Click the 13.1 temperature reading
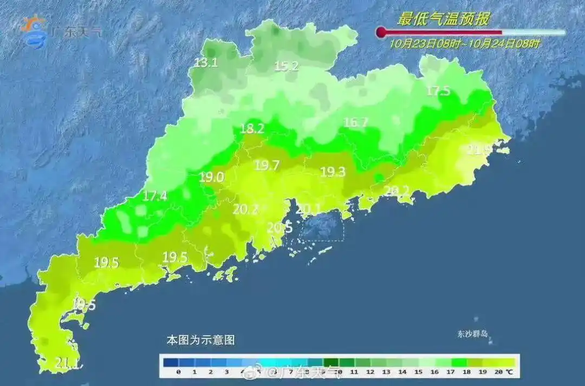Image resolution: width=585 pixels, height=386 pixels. [x=206, y=63]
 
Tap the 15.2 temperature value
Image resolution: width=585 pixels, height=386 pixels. [x=287, y=66]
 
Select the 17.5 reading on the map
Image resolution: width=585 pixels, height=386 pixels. [x=438, y=91]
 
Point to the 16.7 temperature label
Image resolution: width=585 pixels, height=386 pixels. [x=356, y=123]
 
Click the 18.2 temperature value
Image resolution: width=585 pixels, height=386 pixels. [x=252, y=129]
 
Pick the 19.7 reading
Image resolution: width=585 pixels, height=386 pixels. [x=266, y=166]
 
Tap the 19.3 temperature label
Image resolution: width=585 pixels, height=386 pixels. [x=333, y=172]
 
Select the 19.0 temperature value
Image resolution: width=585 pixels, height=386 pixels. [x=211, y=177]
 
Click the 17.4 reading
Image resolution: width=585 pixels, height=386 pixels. [x=155, y=196]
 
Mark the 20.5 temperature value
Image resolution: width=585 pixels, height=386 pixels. [x=280, y=228]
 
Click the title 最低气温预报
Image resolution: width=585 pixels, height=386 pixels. [x=444, y=19]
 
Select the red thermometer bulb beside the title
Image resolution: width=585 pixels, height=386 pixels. [x=381, y=32]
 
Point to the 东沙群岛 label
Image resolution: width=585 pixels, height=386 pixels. [x=472, y=333]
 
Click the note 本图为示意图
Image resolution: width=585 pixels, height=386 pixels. [x=200, y=341]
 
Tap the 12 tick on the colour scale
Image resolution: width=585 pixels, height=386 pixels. [x=370, y=372]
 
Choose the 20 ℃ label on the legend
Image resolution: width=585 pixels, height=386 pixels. [x=504, y=372]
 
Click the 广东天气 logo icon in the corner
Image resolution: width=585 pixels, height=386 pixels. [x=34, y=31]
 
